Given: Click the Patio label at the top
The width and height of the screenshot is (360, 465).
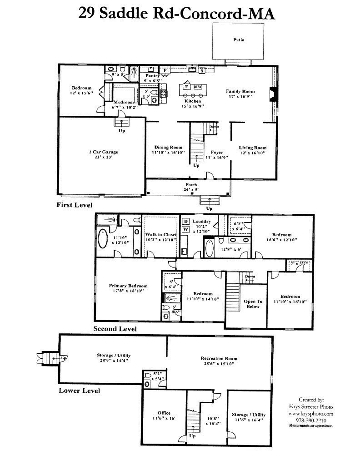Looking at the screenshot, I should [x=239, y=40].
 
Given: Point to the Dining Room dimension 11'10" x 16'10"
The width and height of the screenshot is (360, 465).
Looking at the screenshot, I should [x=168, y=153].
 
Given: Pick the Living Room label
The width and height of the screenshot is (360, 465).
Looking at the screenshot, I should [x=253, y=148].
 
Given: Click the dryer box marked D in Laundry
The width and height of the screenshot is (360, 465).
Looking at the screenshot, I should [x=186, y=221].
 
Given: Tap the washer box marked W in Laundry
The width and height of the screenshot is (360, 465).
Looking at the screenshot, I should [x=186, y=229].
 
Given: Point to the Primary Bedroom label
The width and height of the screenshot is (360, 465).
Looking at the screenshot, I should [x=128, y=286].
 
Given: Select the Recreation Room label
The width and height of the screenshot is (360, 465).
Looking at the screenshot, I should [x=219, y=359].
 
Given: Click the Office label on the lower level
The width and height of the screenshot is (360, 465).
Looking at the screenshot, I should [x=164, y=413].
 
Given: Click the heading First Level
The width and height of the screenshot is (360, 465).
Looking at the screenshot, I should [x=74, y=205].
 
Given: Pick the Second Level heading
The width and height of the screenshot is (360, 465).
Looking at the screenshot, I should [x=115, y=328].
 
